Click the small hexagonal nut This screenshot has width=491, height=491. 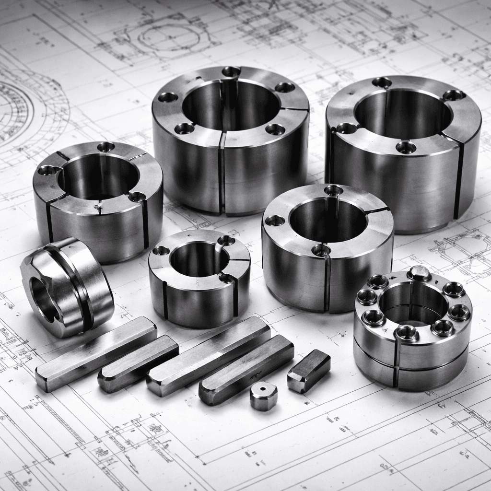[264, 396]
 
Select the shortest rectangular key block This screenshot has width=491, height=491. [309, 371]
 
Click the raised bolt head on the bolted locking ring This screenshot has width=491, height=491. [419, 273]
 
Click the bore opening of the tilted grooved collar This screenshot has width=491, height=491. [44, 300]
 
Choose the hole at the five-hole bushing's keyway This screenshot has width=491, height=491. [231, 72]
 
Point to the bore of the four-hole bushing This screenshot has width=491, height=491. [403, 115]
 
